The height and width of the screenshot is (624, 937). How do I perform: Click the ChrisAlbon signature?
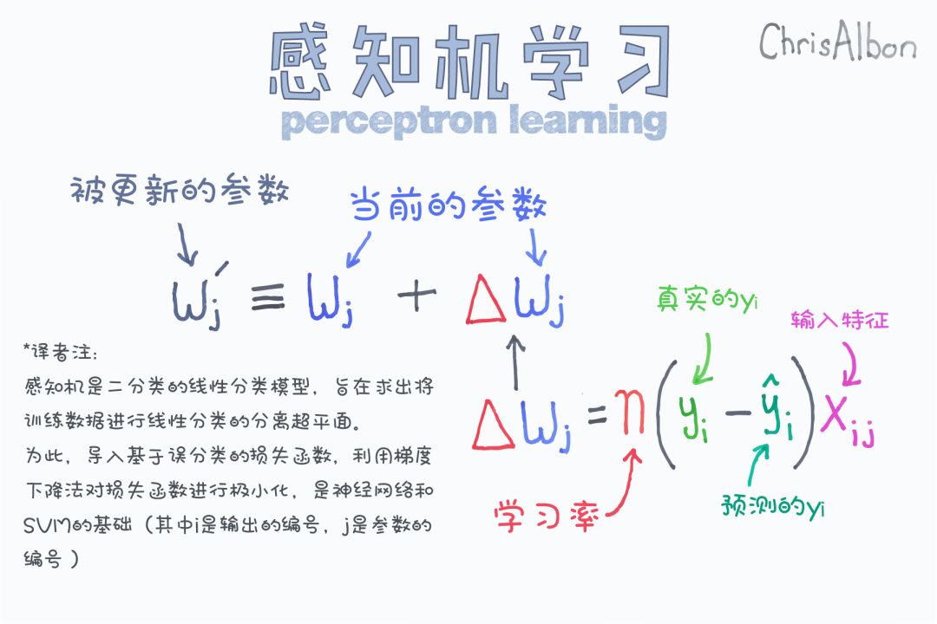click(837, 41)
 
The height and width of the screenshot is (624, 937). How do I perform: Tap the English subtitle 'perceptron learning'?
click(474, 121)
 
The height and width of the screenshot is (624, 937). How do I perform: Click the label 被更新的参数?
click(180, 191)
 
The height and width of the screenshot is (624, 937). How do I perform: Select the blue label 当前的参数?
click(448, 205)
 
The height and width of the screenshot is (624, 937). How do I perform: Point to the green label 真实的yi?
click(707, 298)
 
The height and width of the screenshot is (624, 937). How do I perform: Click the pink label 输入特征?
click(840, 321)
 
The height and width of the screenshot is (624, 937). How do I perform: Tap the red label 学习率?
click(545, 517)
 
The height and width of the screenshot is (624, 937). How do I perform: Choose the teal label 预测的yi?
click(773, 507)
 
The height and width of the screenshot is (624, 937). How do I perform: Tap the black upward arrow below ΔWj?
click(515, 362)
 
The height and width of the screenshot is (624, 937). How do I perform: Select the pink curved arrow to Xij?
click(853, 364)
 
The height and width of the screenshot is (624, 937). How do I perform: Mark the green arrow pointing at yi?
click(705, 358)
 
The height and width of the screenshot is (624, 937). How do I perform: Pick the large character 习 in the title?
click(644, 60)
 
